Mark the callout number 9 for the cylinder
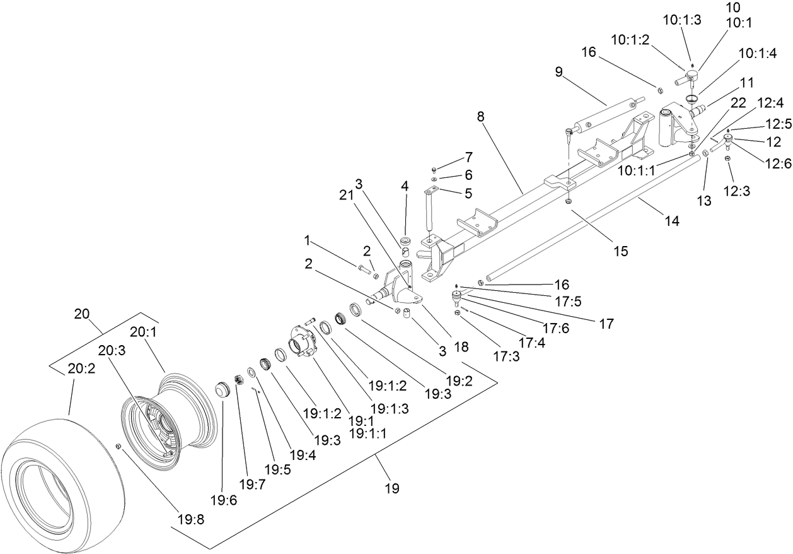click(559, 71)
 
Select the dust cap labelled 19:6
click(221, 389)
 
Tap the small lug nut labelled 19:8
click(118, 447)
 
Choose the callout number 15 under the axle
click(620, 250)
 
